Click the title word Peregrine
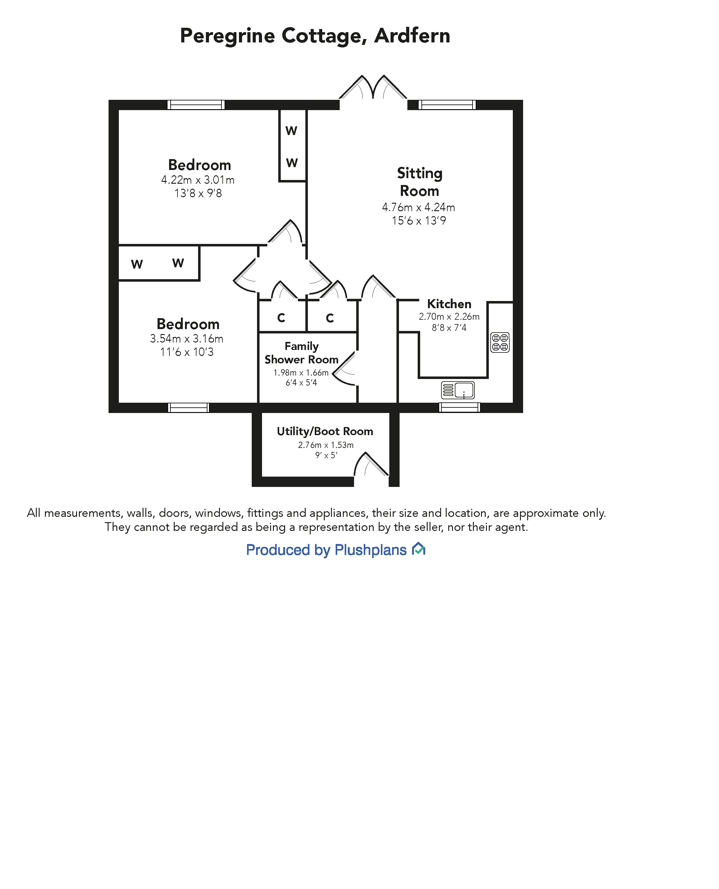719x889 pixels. [x=227, y=36]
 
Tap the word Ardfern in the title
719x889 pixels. [x=412, y=36]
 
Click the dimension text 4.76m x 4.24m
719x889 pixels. [x=418, y=207]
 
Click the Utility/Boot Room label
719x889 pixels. [x=325, y=431]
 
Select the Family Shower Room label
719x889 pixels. [x=302, y=353]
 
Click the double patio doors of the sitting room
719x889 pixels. [x=373, y=88]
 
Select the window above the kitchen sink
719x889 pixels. [x=459, y=407]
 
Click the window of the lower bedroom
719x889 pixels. [x=188, y=407]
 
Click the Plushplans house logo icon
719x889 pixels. [x=419, y=549]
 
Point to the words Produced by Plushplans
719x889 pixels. [x=326, y=550]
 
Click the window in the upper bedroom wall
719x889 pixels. [x=196, y=105]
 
